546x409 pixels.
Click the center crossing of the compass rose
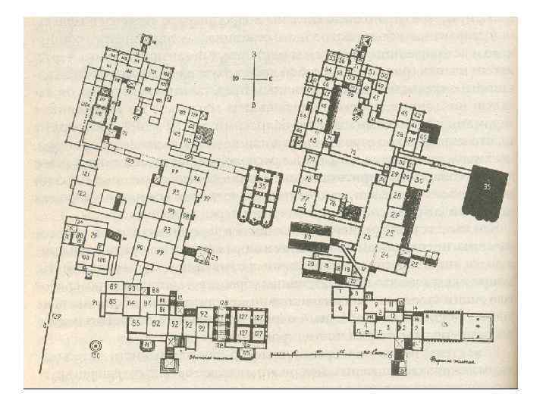(255, 78)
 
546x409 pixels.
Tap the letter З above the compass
(255, 54)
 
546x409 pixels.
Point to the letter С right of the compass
(269, 78)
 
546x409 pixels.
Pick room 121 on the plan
(86, 175)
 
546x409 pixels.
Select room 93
(166, 229)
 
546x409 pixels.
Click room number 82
(156, 323)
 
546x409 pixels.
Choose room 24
(385, 255)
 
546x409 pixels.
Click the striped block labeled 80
(309, 237)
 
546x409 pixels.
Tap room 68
(314, 139)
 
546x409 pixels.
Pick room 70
(312, 161)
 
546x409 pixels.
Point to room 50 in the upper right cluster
(384, 76)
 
